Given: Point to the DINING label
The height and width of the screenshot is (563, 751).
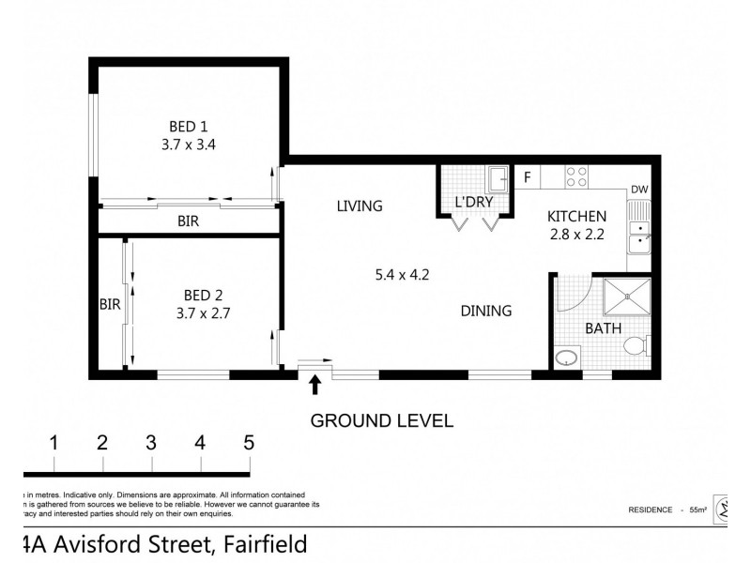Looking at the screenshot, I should pos(485,311).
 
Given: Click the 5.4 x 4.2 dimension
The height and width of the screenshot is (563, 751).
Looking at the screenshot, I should pos(402,275).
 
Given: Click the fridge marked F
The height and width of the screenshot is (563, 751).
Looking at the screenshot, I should pos(528,175).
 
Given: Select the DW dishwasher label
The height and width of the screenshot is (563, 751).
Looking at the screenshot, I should pos(639,190).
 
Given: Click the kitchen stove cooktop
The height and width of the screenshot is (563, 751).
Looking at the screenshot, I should pos(576,175).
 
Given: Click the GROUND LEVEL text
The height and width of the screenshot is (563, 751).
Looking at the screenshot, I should pos(382,420).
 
